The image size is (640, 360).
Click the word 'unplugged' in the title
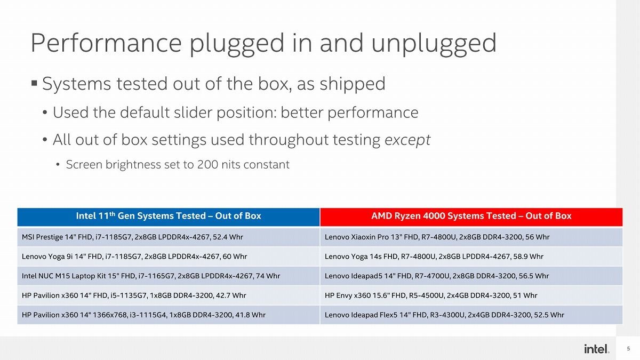point(434,44)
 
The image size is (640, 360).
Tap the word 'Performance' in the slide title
point(106,43)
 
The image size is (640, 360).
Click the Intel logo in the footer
point(597,349)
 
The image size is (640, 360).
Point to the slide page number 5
point(628,349)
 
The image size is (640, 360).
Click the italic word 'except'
point(407,140)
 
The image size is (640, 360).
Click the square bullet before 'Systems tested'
point(34,83)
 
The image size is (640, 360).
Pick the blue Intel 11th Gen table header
point(169,217)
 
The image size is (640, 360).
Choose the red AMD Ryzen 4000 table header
point(471,217)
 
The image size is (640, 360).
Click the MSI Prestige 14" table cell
point(169,237)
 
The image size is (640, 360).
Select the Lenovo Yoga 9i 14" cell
point(169,257)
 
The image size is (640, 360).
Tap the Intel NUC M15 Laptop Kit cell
point(169,276)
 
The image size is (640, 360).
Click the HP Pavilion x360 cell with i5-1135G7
point(169,295)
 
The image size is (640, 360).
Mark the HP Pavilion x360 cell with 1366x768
point(169,315)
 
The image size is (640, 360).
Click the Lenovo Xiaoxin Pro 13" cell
point(471,237)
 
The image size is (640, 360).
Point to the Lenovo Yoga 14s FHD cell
point(471,257)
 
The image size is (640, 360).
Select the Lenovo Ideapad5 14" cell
point(471,276)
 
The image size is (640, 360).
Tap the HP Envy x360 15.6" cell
point(471,295)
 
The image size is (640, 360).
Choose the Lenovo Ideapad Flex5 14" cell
point(471,315)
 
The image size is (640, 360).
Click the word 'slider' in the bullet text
point(193,112)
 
